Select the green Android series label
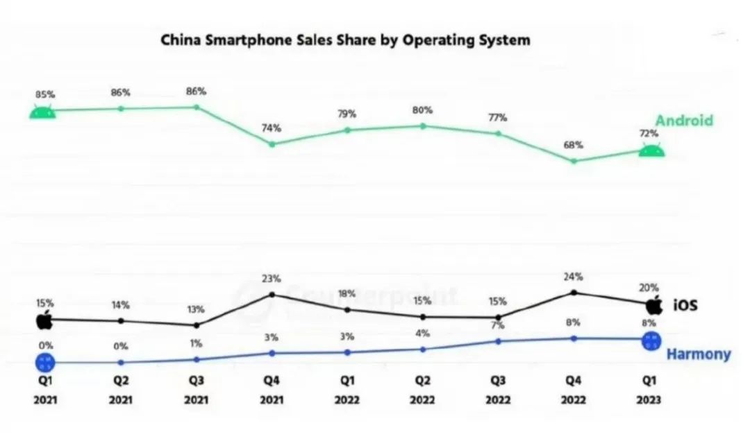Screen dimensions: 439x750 (684, 120)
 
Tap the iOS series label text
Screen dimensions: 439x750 (685, 305)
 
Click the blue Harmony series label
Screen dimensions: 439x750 (698, 354)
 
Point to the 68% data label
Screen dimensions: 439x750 (574, 145)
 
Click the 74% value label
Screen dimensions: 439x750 (272, 128)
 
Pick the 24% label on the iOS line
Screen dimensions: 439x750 (574, 276)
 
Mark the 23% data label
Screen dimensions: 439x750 (272, 279)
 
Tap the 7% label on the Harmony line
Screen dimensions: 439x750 (498, 325)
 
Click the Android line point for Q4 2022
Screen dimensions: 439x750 (574, 161)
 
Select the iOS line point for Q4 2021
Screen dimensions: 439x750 (272, 294)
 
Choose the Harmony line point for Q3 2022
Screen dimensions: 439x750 (498, 341)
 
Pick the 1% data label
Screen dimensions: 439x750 (197, 343)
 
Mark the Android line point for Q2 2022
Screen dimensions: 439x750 (422, 126)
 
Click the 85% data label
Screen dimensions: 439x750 (44, 94)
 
